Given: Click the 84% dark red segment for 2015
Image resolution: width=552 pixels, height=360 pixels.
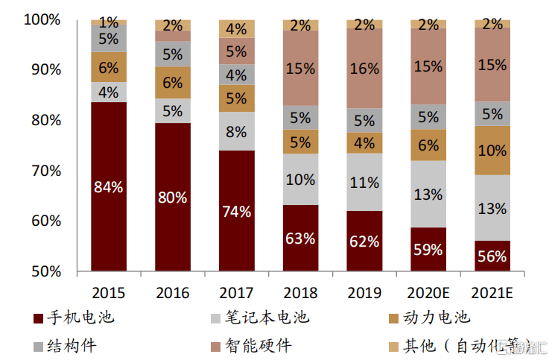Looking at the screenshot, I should [x=109, y=186].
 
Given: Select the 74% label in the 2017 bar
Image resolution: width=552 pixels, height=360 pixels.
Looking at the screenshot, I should [x=236, y=211].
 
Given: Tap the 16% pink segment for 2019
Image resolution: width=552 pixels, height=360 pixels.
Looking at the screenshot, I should [x=364, y=69].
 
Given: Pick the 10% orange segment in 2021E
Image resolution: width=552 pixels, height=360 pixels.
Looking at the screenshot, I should [x=492, y=151].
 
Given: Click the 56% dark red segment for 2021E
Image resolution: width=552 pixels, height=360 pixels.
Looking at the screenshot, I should [x=492, y=256].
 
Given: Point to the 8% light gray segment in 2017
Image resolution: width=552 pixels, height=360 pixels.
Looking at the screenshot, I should [x=236, y=131].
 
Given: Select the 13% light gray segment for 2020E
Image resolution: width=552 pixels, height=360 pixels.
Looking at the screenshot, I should [x=428, y=195].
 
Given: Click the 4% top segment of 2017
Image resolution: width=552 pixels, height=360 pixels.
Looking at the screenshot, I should [x=236, y=29].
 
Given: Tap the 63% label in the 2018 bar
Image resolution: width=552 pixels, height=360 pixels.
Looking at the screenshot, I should [x=300, y=239].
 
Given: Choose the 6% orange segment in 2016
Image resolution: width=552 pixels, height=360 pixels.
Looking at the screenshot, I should [x=173, y=83].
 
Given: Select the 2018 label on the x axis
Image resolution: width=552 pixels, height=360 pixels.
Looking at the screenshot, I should [x=300, y=291].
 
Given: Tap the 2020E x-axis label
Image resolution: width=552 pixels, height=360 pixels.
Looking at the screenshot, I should [x=428, y=291].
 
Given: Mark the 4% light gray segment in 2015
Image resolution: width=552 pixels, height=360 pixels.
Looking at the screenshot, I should [x=109, y=92].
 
